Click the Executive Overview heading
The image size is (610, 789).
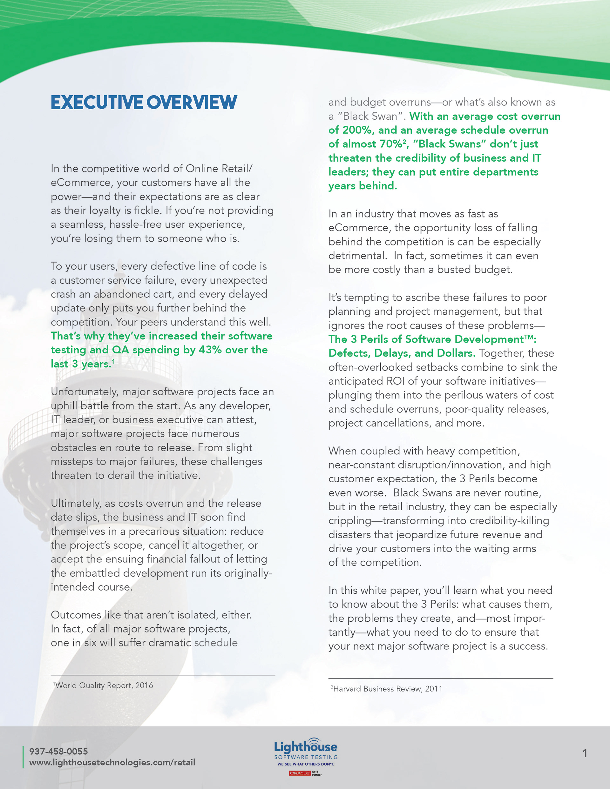[144, 102]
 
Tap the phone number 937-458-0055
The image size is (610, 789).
[58, 751]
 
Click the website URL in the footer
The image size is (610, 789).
[112, 762]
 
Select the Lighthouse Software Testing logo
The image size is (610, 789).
[306, 748]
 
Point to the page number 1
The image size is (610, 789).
[585, 753]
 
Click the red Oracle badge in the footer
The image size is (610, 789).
[299, 773]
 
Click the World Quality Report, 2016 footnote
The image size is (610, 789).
[104, 685]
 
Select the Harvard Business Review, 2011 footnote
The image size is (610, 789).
[387, 689]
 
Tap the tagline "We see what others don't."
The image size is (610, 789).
[306, 764]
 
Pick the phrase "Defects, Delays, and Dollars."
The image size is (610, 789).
[402, 353]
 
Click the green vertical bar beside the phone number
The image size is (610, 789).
[23, 757]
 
